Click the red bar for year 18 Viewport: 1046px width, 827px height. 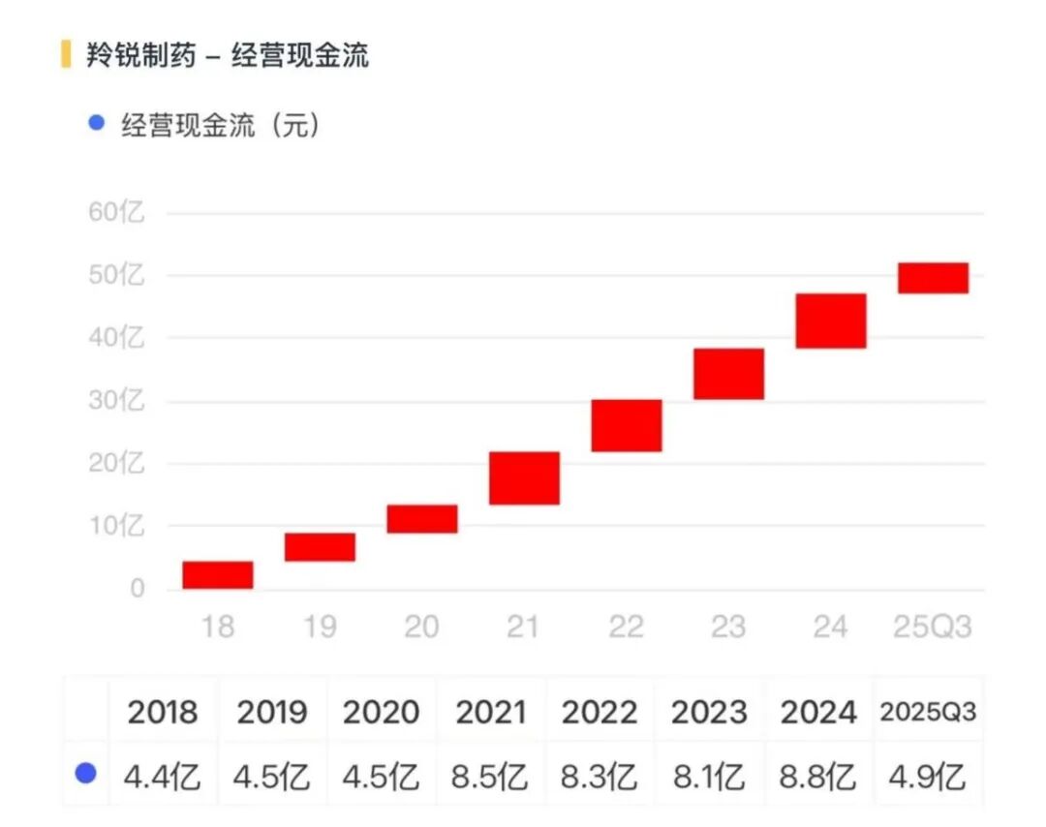click(x=218, y=575)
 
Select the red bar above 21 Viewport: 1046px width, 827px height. click(x=524, y=477)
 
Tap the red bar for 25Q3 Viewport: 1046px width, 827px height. click(x=933, y=278)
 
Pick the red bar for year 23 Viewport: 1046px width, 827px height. click(x=728, y=374)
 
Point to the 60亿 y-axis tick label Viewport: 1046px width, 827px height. click(x=116, y=213)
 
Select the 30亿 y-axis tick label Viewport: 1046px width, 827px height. click(x=116, y=401)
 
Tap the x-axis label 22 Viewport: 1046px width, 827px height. click(x=626, y=628)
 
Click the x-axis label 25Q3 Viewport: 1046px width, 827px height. click(x=932, y=628)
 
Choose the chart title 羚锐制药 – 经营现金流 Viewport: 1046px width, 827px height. click(x=228, y=55)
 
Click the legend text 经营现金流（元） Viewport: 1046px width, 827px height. click(x=220, y=125)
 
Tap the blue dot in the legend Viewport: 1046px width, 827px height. click(x=96, y=123)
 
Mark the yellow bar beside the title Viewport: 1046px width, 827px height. click(x=66, y=54)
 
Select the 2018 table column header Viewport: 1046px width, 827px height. click(x=163, y=714)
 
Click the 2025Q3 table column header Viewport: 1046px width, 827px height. click(x=928, y=713)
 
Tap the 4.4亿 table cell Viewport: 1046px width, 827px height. click(x=163, y=777)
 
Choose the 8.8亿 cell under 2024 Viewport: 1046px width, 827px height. click(x=818, y=777)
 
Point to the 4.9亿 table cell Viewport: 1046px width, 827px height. click(x=928, y=777)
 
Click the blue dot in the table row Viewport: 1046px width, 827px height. click(x=86, y=773)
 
